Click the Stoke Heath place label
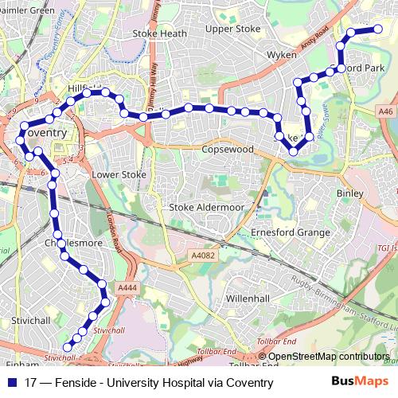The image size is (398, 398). pyautogui.click(x=159, y=33)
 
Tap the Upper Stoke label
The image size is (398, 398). pyautogui.click(x=233, y=29)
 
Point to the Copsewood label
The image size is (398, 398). pyautogui.click(x=227, y=149)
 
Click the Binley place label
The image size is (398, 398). pyautogui.click(x=349, y=193)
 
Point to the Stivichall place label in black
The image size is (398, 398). pyautogui.click(x=32, y=322)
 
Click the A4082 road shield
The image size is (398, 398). pyautogui.click(x=204, y=256)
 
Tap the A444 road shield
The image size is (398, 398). pyautogui.click(x=126, y=287)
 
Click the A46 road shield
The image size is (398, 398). pyautogui.click(x=386, y=112)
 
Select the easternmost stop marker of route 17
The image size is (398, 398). pyautogui.click(x=378, y=30)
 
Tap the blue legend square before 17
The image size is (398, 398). pyautogui.click(x=14, y=383)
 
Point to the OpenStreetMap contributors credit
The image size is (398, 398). pyautogui.click(x=328, y=357)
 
